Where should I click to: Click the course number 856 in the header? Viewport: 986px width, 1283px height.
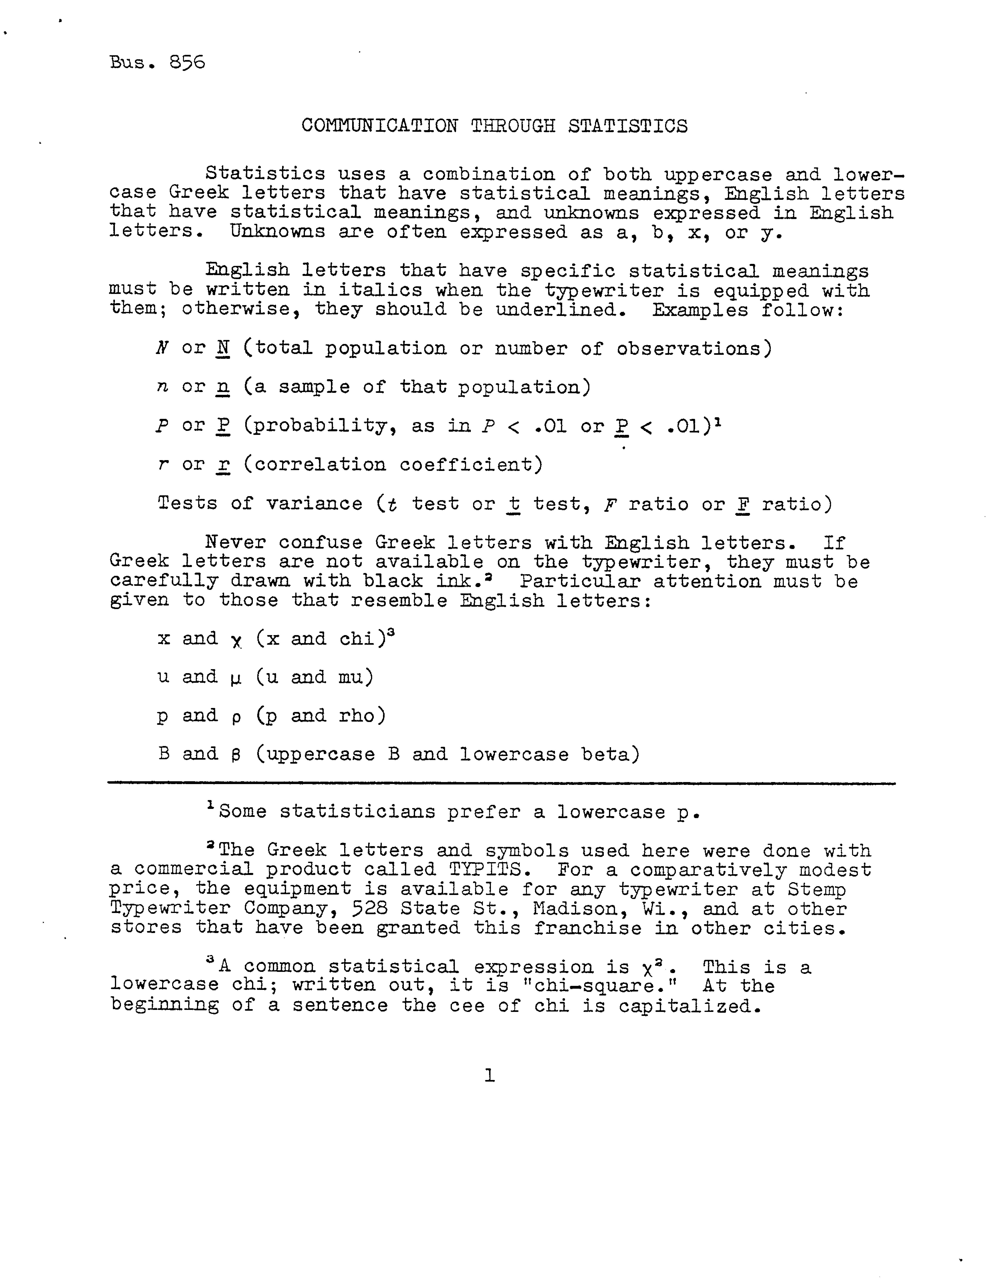tap(187, 62)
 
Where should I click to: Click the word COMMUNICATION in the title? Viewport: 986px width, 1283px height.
tap(380, 126)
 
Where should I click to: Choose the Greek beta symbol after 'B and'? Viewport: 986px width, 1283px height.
tap(236, 755)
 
